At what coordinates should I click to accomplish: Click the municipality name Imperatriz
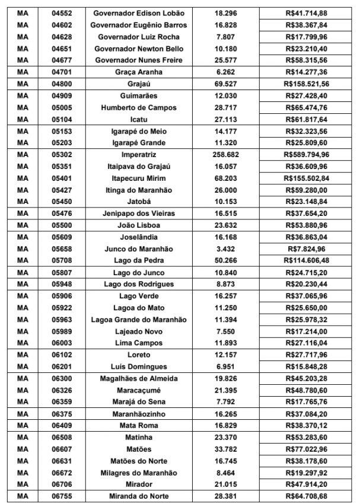point(139,155)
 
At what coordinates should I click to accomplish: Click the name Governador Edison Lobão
point(139,13)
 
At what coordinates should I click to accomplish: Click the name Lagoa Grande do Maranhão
point(139,320)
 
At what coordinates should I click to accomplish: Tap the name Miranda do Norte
point(139,496)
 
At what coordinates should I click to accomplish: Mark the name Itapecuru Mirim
point(139,178)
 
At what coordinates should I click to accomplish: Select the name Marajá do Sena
point(139,402)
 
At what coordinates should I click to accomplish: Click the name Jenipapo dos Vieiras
point(139,213)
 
